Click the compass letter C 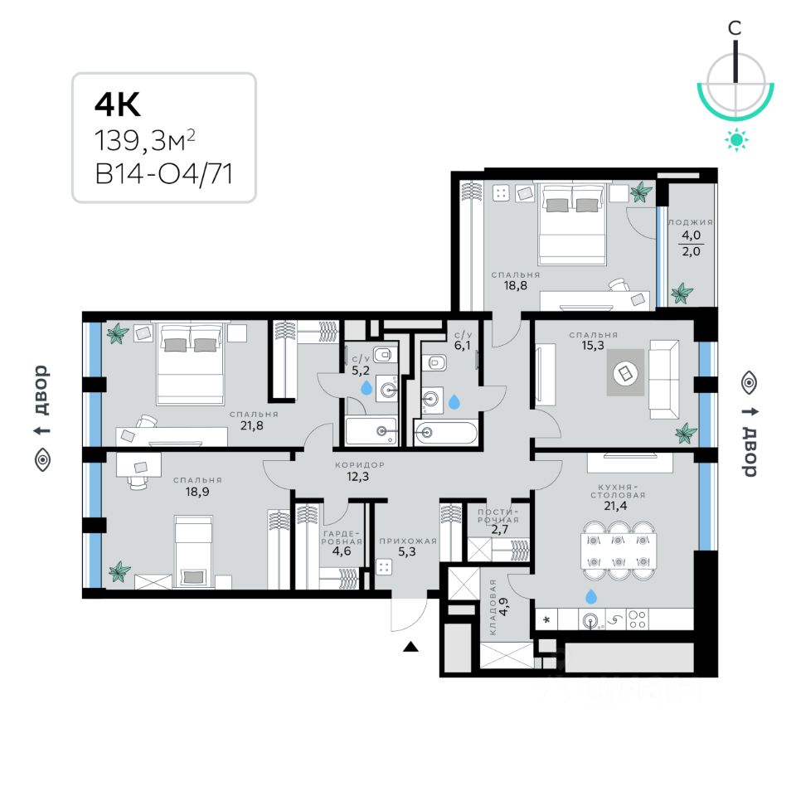coord(735,28)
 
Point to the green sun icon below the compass coord(735,140)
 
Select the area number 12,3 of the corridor coord(358,477)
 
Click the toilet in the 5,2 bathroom coord(382,357)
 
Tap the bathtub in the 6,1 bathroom coord(446,432)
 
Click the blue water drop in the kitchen coord(590,596)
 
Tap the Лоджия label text coord(690,223)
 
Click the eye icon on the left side coord(42,460)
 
